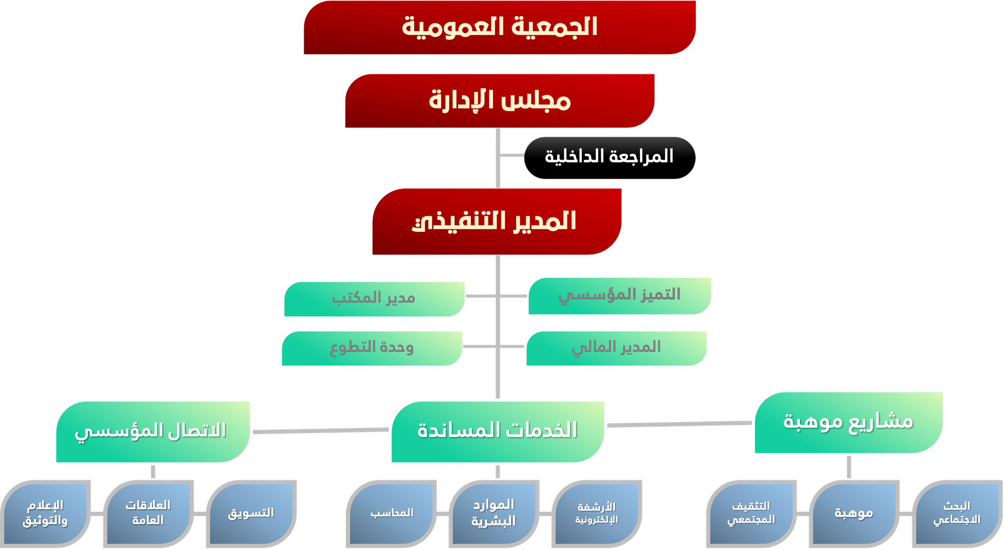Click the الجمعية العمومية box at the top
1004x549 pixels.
499,27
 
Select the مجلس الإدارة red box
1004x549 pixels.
499,101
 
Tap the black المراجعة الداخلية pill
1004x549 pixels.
609,158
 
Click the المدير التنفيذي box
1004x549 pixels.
497,222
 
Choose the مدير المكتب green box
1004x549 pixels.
374,299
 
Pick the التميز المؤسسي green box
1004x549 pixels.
619,296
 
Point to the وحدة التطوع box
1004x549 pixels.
372,348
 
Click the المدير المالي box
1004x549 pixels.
616,348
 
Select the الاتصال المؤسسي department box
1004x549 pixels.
153,432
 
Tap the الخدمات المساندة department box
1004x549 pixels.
497,432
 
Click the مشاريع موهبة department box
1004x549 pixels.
849,423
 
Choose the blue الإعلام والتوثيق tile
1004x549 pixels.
46,514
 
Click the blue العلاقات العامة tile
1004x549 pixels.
149,514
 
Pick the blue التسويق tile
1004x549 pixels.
252,514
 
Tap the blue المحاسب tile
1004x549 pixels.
392,514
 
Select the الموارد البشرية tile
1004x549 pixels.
494,514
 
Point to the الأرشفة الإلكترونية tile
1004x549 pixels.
597,514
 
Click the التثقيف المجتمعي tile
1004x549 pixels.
751,514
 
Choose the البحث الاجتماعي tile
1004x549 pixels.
957,514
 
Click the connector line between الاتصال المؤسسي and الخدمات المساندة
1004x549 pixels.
321,431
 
